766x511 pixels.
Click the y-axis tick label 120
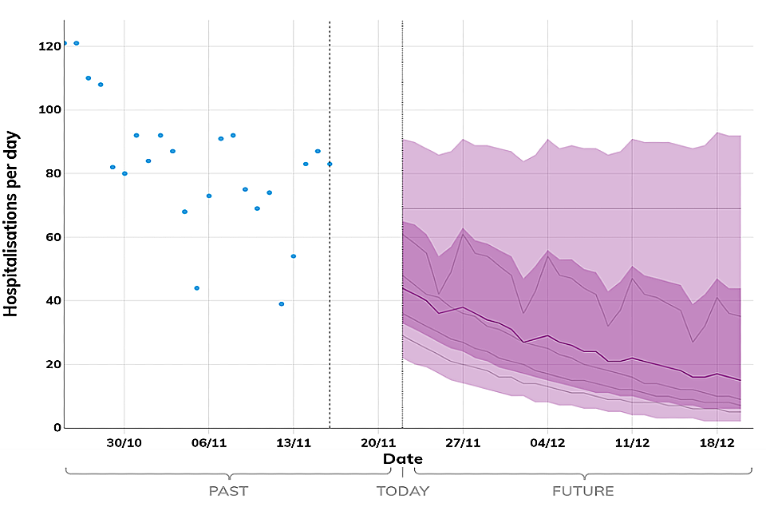(x=49, y=46)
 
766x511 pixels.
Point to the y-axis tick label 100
(x=49, y=110)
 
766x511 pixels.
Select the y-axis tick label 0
(x=57, y=428)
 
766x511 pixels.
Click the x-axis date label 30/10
(x=124, y=442)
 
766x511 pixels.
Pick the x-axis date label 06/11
(x=208, y=442)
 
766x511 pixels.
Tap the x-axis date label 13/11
(x=293, y=442)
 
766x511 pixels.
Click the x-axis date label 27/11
(x=463, y=442)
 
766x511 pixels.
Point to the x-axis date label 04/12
(x=547, y=442)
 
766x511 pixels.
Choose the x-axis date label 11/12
(x=632, y=442)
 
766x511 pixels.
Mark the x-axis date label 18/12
(x=717, y=442)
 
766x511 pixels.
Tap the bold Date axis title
(x=403, y=459)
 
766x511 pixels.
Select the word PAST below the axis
(x=228, y=491)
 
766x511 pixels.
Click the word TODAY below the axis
(x=403, y=491)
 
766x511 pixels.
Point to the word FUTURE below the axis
(x=583, y=491)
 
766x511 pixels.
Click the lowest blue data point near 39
(x=281, y=304)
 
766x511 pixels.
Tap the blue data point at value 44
(x=196, y=288)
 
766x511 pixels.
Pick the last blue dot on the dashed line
(x=330, y=164)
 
